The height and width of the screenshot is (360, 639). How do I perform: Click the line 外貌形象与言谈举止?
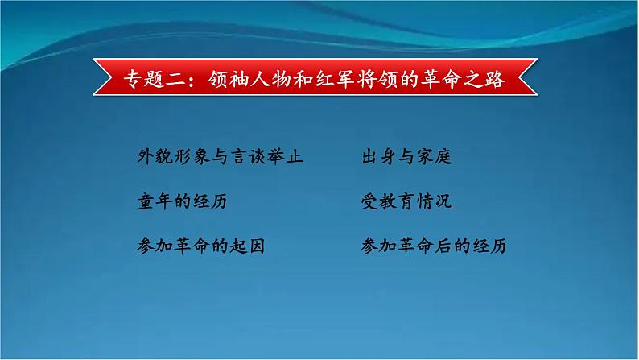(220, 157)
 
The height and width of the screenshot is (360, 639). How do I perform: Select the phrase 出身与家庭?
(407, 157)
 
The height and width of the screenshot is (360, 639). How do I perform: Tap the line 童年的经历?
(183, 201)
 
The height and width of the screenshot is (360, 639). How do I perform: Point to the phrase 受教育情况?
(407, 201)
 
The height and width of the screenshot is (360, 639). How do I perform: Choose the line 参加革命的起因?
(201, 246)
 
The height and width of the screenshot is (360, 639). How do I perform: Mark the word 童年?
(155, 201)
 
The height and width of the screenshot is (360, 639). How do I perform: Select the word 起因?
(248, 246)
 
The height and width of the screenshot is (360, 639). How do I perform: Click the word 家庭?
(435, 157)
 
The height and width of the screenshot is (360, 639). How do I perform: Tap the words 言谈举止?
(266, 157)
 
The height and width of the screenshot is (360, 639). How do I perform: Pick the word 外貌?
(155, 157)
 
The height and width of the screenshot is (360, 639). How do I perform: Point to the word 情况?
(435, 201)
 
